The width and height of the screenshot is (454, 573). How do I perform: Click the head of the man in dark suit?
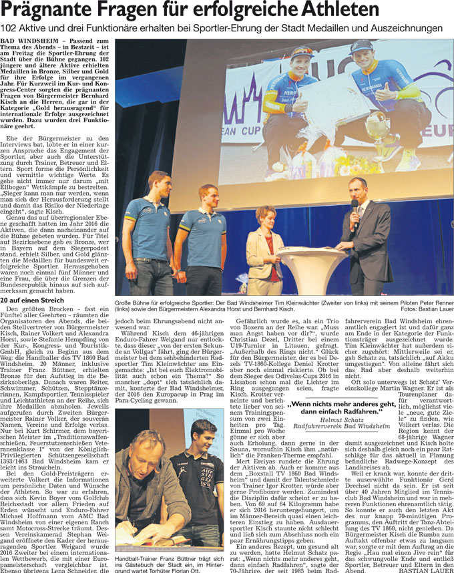point(358,188)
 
